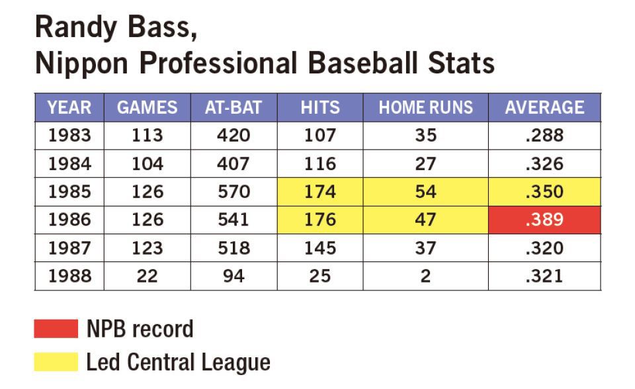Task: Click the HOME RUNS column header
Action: click(425, 107)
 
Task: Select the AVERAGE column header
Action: click(544, 107)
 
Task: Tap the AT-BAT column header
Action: click(234, 107)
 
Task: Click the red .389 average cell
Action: click(544, 220)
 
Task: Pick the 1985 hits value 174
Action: click(320, 192)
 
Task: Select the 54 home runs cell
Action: click(425, 192)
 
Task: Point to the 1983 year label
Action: click(69, 136)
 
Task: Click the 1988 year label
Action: click(69, 276)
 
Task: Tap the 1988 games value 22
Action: click(147, 276)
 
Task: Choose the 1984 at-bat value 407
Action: click(234, 163)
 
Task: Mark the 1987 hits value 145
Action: click(320, 248)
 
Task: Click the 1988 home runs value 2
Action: click(425, 276)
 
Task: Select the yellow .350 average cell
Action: click(544, 192)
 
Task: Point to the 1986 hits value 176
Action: click(320, 220)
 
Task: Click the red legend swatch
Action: click(56, 329)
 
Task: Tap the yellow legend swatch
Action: click(56, 362)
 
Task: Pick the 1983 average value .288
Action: click(544, 136)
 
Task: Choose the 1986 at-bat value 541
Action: click(234, 220)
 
